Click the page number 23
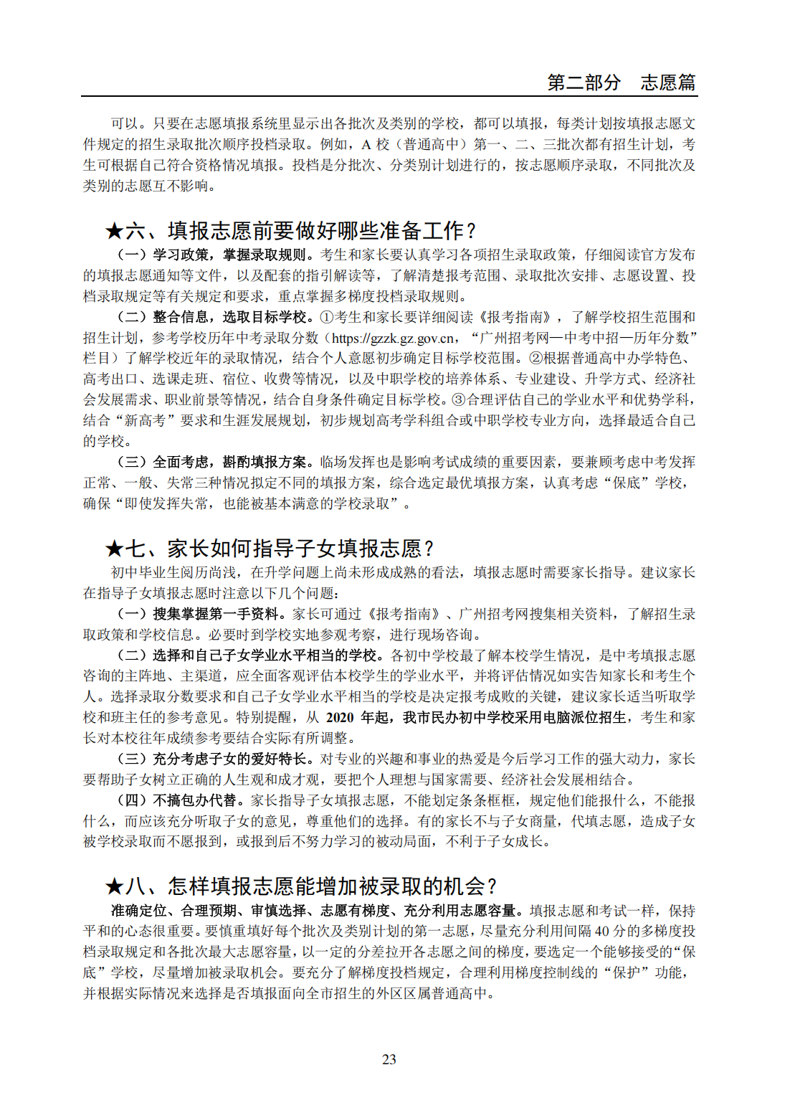pos(389,1059)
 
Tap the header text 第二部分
pos(584,82)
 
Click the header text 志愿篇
pos(667,82)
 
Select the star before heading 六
pos(114,231)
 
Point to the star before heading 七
pos(114,549)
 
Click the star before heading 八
pos(114,887)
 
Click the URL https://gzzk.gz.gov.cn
pos(393,338)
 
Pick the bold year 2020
pos(340,718)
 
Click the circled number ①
pos(327,317)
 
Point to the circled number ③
pos(460,400)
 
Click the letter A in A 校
pos(366,145)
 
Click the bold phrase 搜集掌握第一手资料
pos(215,614)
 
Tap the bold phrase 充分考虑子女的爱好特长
pos(229,759)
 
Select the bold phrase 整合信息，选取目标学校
pos(229,317)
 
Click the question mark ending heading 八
pos(491,887)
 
